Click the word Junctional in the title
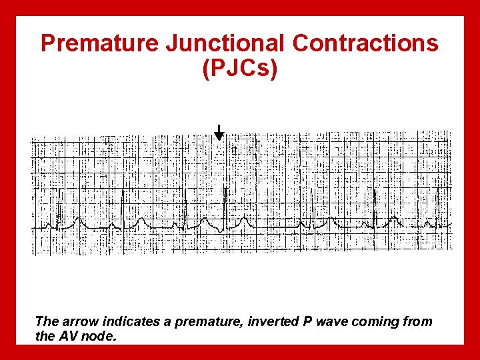point(225,44)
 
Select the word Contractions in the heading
point(365,44)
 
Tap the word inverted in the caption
point(272,321)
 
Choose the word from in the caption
point(417,321)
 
